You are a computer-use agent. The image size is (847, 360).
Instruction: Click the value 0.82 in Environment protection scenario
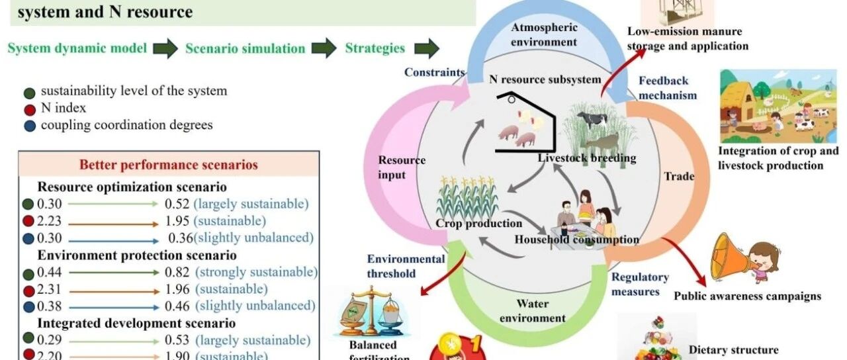[177, 272]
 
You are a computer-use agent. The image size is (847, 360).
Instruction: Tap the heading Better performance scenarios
[169, 165]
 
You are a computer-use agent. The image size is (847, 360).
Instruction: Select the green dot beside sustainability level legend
[29, 92]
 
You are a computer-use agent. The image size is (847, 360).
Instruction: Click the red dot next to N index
[29, 109]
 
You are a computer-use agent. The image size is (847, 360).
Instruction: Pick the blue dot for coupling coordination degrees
[29, 125]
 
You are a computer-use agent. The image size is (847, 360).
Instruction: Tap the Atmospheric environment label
[545, 34]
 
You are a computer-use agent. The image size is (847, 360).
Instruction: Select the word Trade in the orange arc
[679, 176]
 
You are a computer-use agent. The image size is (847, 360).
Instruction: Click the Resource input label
[402, 167]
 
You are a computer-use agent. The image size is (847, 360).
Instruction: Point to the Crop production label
[469, 223]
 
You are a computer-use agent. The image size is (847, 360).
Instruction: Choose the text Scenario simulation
[245, 48]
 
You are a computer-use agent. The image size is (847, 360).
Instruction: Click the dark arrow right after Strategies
[427, 48]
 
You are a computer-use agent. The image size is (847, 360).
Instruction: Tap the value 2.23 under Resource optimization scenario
[49, 221]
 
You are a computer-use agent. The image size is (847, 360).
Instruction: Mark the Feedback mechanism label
[667, 87]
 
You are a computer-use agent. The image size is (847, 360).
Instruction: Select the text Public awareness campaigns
[747, 296]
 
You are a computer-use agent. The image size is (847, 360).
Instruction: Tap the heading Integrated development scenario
[136, 323]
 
